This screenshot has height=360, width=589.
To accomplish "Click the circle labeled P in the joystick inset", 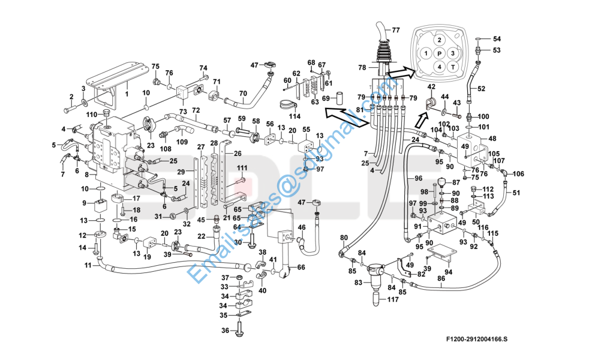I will coord(440,53).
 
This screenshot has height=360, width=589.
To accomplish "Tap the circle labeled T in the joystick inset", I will coord(453,67).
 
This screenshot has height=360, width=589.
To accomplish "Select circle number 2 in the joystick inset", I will coord(440,40).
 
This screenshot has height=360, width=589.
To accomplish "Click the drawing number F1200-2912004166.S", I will coord(476,340).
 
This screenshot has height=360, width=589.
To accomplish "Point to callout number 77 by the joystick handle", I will coord(396,30).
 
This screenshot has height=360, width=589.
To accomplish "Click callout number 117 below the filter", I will coord(392,300).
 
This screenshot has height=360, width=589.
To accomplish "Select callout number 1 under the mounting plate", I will coord(127,94).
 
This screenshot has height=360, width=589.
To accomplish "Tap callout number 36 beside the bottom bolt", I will coord(226,331).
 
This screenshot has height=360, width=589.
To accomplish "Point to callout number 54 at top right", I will coord(497,39).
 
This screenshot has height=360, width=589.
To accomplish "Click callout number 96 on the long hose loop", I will coord(419,179).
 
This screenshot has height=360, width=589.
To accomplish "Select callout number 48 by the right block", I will coord(492,139).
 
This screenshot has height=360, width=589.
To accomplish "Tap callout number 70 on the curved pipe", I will coord(243,93).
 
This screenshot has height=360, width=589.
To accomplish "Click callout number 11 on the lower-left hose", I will coord(88,265).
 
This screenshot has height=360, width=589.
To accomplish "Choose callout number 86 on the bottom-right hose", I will coord(441,278).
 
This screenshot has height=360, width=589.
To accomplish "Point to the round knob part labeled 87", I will coord(441,182).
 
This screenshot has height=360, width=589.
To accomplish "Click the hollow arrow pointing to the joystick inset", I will coord(398,74).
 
